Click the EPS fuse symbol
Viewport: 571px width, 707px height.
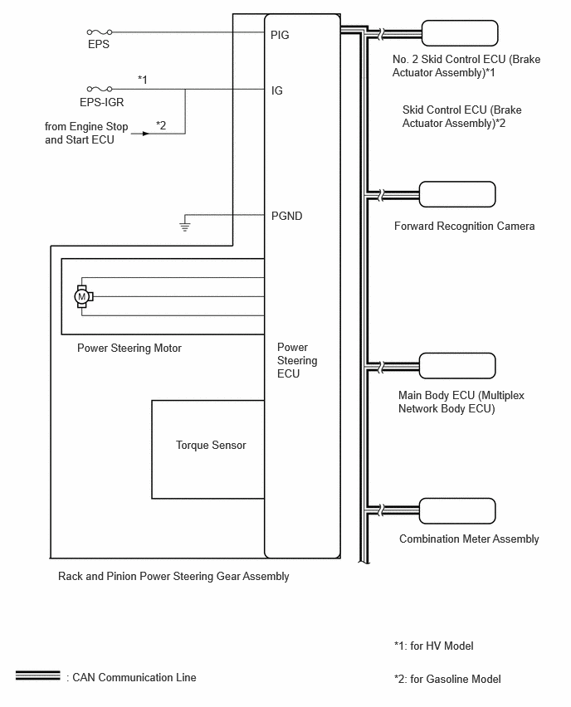pos(100,32)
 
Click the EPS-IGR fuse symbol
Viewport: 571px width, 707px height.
pos(100,89)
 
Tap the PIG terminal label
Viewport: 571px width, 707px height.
pos(280,35)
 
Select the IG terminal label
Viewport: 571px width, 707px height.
pos(277,91)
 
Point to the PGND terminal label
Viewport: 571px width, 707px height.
pos(287,216)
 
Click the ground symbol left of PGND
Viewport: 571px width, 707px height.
pos(185,227)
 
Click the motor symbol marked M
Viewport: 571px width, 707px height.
pos(83,297)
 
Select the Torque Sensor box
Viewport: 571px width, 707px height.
pos(208,450)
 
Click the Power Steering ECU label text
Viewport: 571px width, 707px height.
pos(297,360)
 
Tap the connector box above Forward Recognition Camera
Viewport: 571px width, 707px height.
pos(457,194)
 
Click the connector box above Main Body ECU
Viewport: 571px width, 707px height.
pos(457,365)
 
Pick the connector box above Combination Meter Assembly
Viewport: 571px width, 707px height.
pos(457,511)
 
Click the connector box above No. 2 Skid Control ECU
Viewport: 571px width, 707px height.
pos(460,33)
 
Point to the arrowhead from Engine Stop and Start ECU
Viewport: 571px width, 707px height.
pos(146,134)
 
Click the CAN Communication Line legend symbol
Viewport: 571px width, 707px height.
pos(37,675)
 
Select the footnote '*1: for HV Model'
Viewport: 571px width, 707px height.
pos(434,646)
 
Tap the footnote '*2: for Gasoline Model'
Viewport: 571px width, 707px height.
pos(447,679)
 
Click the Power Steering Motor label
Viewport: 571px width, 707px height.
pos(129,348)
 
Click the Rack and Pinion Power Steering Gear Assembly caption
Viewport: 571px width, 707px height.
pos(173,576)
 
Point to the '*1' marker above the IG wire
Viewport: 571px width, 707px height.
pos(143,80)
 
